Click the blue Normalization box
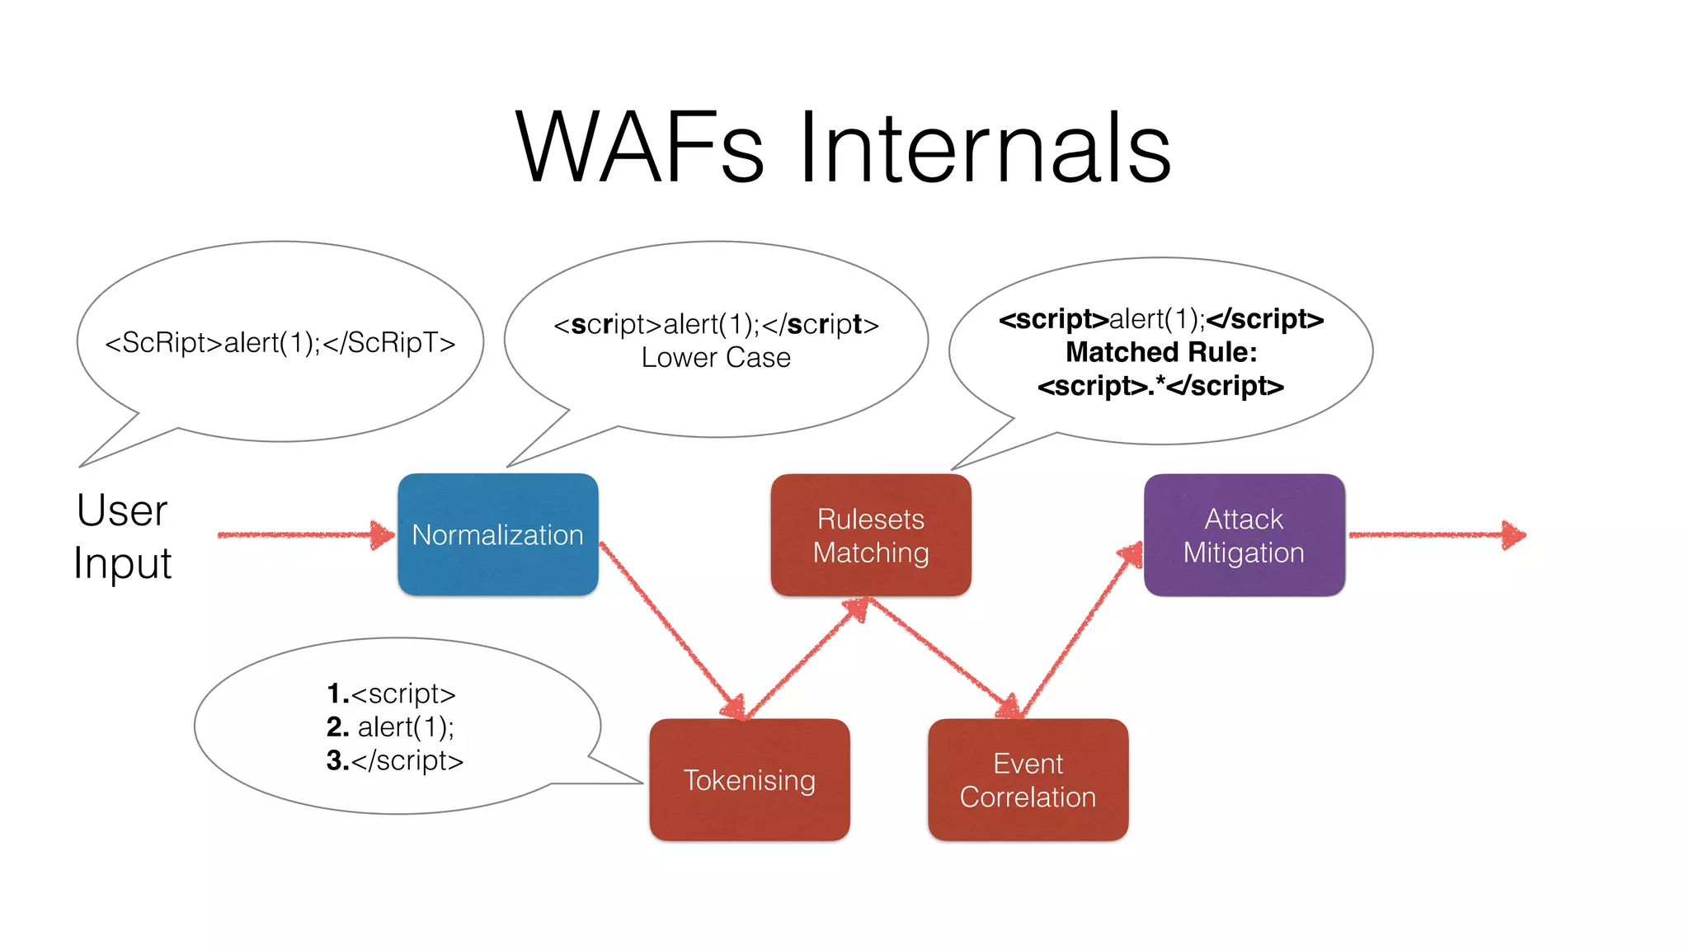tap(497, 534)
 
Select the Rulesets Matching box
tap(871, 534)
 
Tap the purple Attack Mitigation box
tap(1244, 534)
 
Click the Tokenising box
tap(749, 779)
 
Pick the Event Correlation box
tap(1028, 779)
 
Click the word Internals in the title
tap(986, 148)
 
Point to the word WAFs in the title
tap(639, 148)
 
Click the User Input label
tap(122, 536)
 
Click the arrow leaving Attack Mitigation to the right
tap(1435, 535)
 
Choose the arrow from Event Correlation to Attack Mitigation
tap(1080, 631)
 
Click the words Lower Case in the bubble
tap(716, 358)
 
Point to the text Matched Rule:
tap(1161, 352)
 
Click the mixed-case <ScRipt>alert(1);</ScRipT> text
tap(280, 342)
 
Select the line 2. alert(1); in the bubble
tap(391, 727)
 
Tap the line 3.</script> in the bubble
tap(395, 760)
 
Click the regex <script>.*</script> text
tap(1160, 386)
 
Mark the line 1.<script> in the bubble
tap(391, 694)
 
